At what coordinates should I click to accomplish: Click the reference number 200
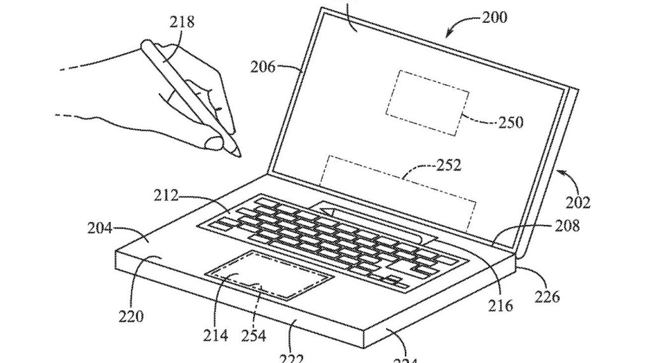495,17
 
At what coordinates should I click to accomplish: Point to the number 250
511,121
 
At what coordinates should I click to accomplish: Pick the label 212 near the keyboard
167,195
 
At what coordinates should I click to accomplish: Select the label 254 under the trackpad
253,335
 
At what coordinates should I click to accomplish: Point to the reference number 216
500,306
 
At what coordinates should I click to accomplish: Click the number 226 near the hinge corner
547,296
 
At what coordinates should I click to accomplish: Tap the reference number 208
566,225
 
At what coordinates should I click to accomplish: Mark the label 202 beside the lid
578,203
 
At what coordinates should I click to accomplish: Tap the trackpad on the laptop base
270,275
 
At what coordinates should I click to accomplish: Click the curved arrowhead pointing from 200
449,32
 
